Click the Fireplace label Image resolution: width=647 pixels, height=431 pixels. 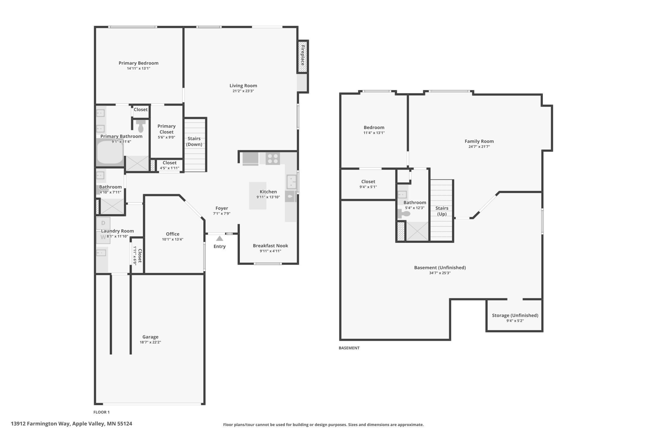pos(303,56)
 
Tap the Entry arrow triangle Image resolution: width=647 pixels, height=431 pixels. pos(220,239)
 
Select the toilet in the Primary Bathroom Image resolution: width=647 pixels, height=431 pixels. pos(141,126)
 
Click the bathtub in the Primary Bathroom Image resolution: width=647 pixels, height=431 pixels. pos(110,152)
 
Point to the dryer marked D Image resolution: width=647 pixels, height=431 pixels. pos(103,223)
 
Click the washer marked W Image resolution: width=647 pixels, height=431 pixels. pos(103,238)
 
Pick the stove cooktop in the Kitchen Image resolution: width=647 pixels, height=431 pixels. pos(273,159)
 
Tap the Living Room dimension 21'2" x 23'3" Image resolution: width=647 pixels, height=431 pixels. pos(243,91)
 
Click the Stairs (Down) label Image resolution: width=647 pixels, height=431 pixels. pos(194,141)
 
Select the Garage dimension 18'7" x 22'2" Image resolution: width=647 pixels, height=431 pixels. pos(150,342)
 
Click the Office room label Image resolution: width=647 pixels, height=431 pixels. pos(173,234)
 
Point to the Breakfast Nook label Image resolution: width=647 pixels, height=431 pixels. pos(270,246)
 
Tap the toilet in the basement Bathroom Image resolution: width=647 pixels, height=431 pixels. pos(404,214)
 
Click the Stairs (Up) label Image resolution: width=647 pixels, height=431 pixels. pos(442,211)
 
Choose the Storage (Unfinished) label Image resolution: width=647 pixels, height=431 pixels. pos(515,315)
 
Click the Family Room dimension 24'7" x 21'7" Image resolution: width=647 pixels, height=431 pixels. pos(479,147)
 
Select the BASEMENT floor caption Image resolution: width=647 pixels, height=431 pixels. pos(349,348)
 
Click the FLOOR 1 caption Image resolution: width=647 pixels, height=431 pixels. pos(101,412)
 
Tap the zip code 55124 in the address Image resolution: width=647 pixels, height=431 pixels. pos(124,424)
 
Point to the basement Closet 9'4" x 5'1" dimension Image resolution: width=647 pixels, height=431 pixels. pos(368,187)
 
